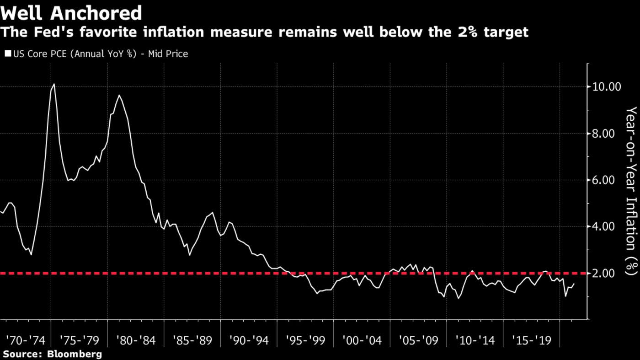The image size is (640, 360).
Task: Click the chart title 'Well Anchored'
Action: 71,13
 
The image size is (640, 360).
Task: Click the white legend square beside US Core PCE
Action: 8,54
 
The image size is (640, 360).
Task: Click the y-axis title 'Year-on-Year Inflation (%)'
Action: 631,191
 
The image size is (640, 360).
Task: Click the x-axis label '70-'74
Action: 26,341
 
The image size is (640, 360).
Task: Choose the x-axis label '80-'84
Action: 136,341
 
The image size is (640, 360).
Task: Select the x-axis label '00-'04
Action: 362,341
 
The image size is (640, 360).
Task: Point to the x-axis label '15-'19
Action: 531,341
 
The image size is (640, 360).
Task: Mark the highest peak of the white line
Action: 54,84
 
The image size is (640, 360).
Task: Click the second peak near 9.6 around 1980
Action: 119,95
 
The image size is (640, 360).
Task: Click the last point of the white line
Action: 574,284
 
